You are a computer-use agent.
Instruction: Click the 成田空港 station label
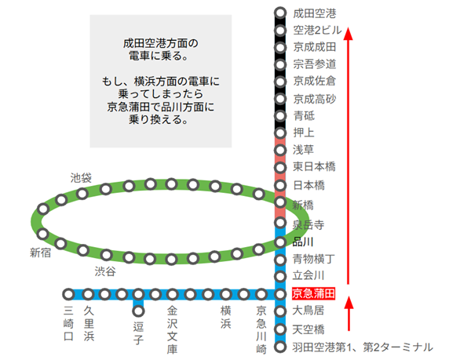(x=314, y=13)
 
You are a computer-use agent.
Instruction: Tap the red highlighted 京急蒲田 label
(x=314, y=294)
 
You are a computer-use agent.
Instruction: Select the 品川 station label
(x=303, y=242)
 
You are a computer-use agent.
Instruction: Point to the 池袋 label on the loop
(x=81, y=178)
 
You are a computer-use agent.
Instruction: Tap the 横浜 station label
(x=225, y=317)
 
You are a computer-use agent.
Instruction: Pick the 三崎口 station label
(x=68, y=323)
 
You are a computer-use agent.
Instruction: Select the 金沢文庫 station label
(x=173, y=329)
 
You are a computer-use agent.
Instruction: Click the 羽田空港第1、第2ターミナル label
(x=362, y=347)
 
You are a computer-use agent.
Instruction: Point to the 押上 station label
(x=303, y=132)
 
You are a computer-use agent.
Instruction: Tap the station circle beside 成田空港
(x=280, y=13)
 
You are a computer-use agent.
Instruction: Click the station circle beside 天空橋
(x=280, y=329)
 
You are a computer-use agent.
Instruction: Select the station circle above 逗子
(x=137, y=310)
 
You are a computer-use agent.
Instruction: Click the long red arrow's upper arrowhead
(x=349, y=35)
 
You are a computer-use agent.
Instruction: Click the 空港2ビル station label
(x=317, y=30)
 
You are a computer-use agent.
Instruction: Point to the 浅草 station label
(x=303, y=149)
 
